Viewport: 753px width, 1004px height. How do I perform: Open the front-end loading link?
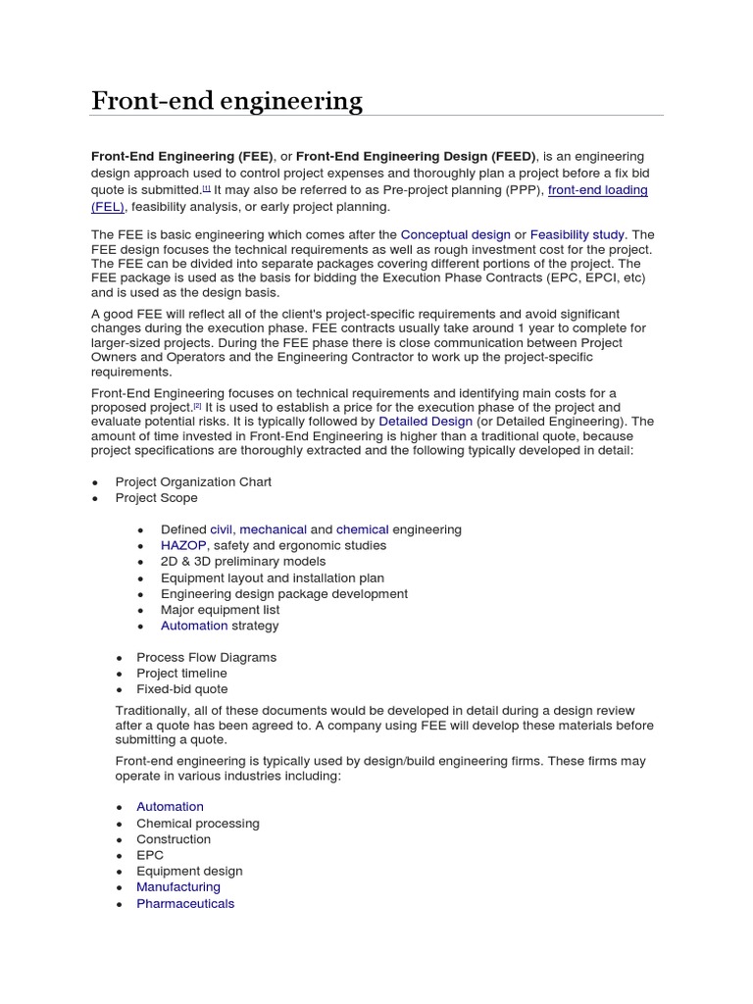[x=597, y=189]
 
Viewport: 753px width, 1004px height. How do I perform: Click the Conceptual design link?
[x=455, y=234]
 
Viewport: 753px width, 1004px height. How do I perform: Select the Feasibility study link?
[x=577, y=234]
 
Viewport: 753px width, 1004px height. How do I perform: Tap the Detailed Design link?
[x=425, y=421]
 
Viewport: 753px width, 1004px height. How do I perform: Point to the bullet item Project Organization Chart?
[x=193, y=481]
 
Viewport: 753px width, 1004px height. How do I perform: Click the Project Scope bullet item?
[x=156, y=497]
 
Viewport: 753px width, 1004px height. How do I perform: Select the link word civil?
[x=221, y=529]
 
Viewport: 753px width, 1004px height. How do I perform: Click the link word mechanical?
[x=273, y=529]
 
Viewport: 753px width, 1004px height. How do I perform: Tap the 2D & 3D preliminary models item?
[x=243, y=562]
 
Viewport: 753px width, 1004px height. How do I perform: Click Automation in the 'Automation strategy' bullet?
[x=193, y=626]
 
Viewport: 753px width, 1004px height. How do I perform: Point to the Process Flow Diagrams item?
[x=206, y=657]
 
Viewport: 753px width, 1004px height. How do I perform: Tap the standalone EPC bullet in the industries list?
[x=150, y=855]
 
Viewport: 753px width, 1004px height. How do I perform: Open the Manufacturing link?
[x=178, y=886]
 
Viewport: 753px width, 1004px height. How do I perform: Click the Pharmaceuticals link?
[x=185, y=903]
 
